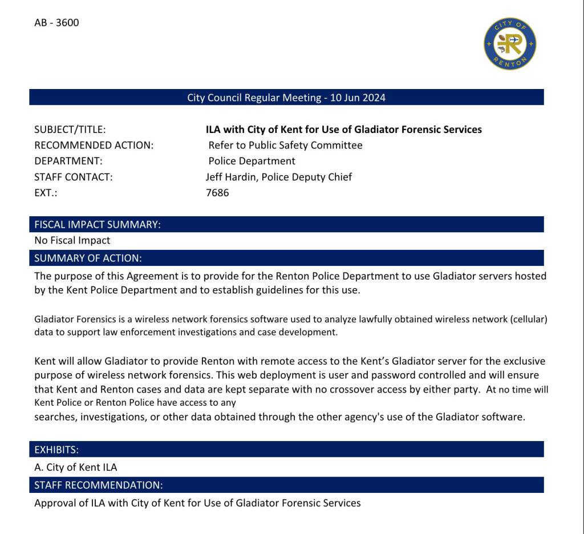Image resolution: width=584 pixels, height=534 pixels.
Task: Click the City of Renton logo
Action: click(510, 44)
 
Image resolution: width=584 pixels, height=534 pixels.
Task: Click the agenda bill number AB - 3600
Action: click(56, 23)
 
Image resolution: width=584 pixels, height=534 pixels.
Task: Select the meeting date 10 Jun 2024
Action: click(358, 98)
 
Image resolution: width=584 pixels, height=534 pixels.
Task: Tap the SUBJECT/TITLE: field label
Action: click(70, 130)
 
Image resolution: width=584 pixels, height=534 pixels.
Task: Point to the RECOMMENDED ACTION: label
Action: click(94, 145)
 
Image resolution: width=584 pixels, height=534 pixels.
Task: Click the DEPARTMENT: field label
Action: click(68, 161)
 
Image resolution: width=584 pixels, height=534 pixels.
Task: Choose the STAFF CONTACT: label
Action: click(74, 177)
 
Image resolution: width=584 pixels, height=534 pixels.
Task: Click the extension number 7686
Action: click(217, 193)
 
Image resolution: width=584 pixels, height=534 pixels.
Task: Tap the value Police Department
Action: click(252, 161)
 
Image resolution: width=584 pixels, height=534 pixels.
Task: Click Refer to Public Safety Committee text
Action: click(285, 145)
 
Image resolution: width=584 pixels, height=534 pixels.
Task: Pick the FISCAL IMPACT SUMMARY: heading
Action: click(98, 225)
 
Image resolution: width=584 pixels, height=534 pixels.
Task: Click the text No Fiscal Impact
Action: click(72, 241)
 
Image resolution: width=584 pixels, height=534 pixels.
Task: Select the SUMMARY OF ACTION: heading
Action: click(88, 258)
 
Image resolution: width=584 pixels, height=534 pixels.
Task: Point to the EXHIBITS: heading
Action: click(56, 450)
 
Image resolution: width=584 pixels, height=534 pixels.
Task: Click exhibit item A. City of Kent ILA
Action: click(76, 468)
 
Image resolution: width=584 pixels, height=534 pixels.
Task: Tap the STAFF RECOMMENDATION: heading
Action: click(99, 486)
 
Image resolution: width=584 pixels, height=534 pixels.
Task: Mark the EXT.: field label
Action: click(46, 193)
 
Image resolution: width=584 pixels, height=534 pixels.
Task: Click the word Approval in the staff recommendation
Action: click(54, 503)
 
